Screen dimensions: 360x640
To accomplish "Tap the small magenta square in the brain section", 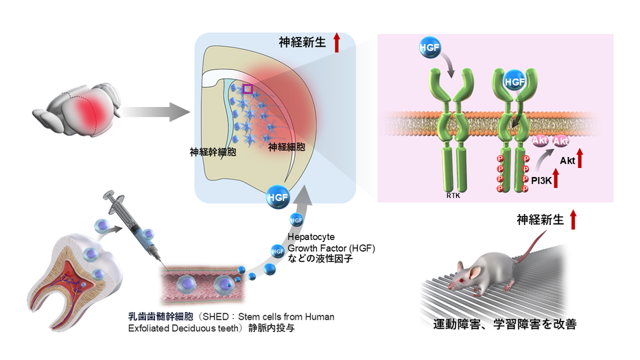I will point(248,89).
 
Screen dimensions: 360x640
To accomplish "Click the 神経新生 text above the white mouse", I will point(540,219).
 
